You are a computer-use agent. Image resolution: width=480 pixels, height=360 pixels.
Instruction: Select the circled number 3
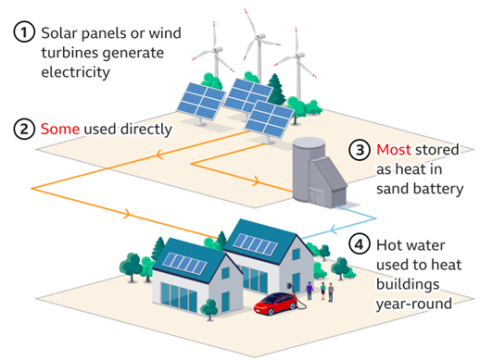pyautogui.click(x=359, y=150)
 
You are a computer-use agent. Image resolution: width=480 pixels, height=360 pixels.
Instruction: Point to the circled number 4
pyautogui.click(x=359, y=244)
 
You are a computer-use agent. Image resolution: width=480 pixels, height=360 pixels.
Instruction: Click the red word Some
pyautogui.click(x=59, y=129)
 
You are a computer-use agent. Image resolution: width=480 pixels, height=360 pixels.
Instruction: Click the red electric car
pyautogui.click(x=279, y=304)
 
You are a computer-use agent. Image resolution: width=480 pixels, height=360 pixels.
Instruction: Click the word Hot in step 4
pyautogui.click(x=390, y=244)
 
